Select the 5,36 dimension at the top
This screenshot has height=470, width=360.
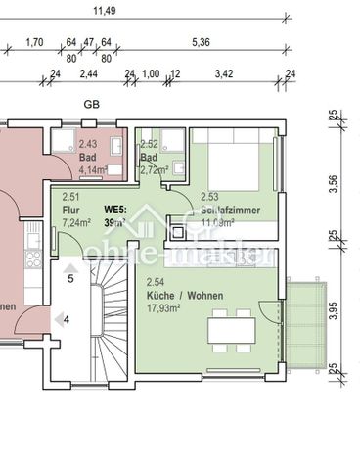tap(202, 42)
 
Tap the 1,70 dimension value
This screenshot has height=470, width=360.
tap(33, 42)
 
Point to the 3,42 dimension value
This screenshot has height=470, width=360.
tap(224, 73)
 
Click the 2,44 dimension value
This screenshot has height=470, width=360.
tap(88, 73)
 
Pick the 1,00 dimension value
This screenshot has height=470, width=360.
tap(151, 73)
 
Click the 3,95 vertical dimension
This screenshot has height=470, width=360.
tap(332, 310)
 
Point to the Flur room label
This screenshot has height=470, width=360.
tap(69, 209)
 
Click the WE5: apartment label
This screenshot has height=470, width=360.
tap(115, 209)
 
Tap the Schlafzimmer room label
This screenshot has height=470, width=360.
tap(231, 210)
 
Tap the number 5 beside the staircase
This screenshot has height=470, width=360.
tap(70, 279)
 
